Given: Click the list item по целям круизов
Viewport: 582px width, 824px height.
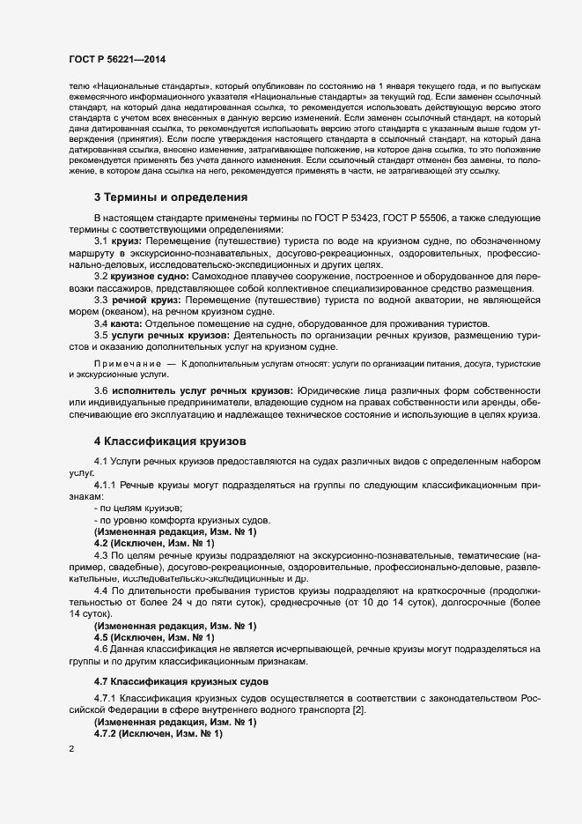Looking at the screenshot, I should [126, 509].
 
